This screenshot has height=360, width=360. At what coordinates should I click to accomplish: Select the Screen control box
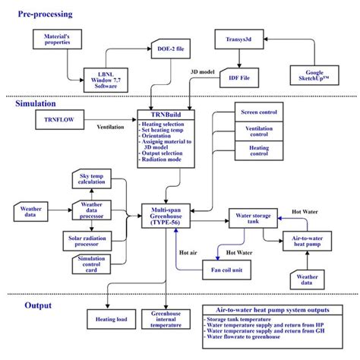click(259, 112)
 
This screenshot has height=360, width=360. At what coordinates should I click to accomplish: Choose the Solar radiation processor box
click(90, 241)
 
